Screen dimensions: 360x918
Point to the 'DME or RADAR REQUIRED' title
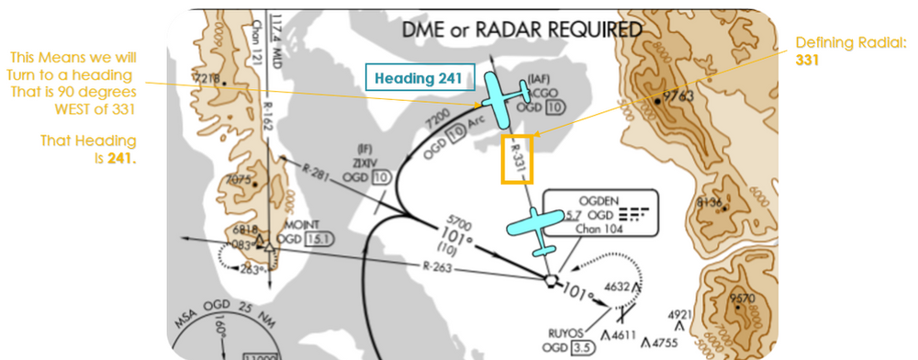[x=522, y=29]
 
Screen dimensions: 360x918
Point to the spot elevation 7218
[x=207, y=79]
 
